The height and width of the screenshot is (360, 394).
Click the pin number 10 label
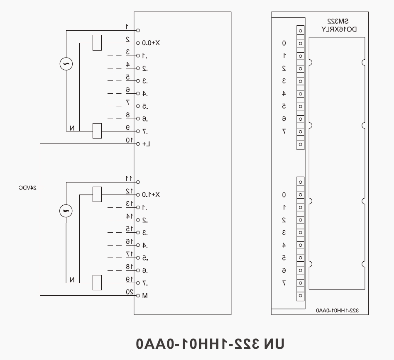point(130,140)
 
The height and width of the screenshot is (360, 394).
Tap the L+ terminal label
point(146,144)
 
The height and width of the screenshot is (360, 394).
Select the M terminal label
point(145,296)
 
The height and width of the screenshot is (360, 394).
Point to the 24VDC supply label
point(28,187)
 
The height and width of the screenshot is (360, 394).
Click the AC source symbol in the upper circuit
point(66,64)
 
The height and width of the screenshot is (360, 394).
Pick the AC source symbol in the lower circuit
point(66,211)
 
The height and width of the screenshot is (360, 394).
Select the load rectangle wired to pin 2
point(97,43)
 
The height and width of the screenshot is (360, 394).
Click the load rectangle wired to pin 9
point(97,131)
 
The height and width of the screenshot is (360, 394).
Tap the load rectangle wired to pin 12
point(97,195)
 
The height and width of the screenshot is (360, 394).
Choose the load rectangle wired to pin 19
point(97,283)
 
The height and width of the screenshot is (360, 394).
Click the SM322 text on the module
point(338,21)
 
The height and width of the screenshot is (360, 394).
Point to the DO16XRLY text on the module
point(339,29)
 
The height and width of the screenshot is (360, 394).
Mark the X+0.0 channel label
point(151,43)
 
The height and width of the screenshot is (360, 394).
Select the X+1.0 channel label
point(151,195)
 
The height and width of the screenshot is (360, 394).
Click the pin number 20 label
point(130,292)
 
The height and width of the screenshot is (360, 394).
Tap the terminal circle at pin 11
point(138,182)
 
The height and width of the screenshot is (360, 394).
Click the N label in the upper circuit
point(72,128)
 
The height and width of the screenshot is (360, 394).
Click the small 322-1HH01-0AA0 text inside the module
point(338,311)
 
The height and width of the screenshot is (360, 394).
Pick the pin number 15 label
point(130,229)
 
